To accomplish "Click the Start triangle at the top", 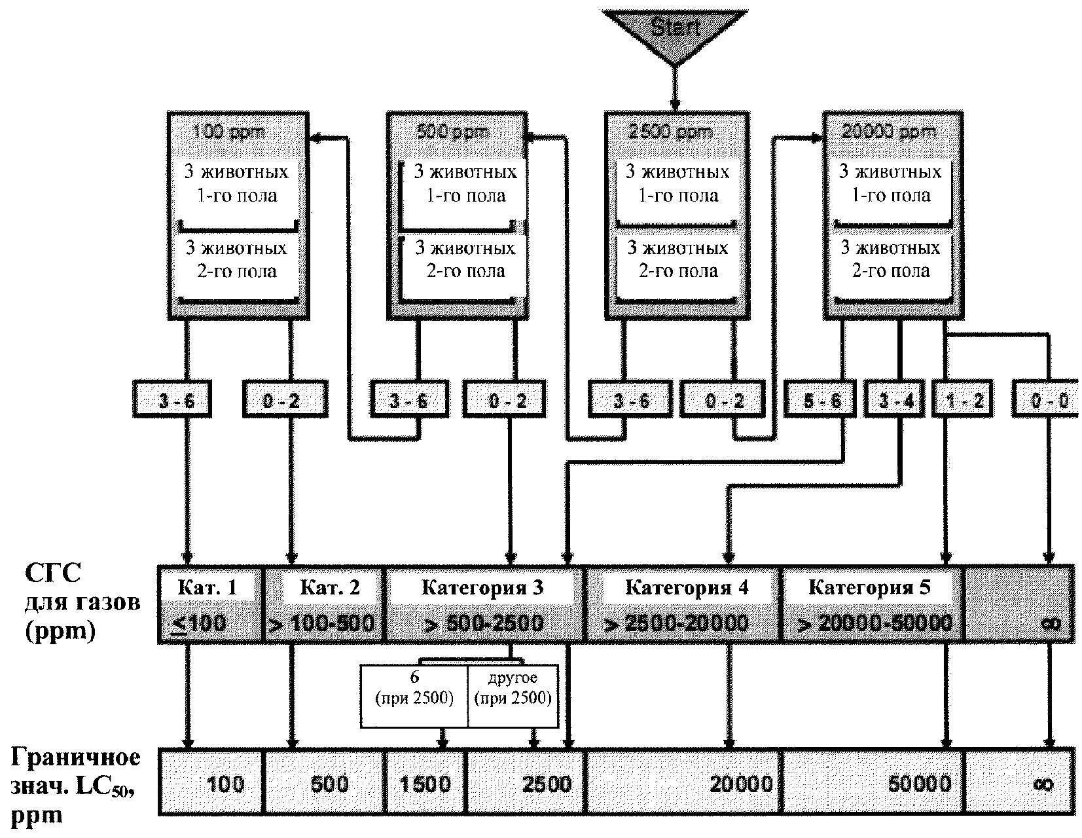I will (675, 29).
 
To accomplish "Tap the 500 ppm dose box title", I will (453, 132).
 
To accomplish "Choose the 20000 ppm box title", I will (888, 132).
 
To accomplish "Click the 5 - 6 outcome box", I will (821, 399).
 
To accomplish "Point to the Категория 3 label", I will (482, 587).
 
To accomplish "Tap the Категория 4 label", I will (687, 587).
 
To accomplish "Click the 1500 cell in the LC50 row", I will (424, 784).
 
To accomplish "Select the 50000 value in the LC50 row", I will (920, 784).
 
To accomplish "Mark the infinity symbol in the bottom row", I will (1043, 784).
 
